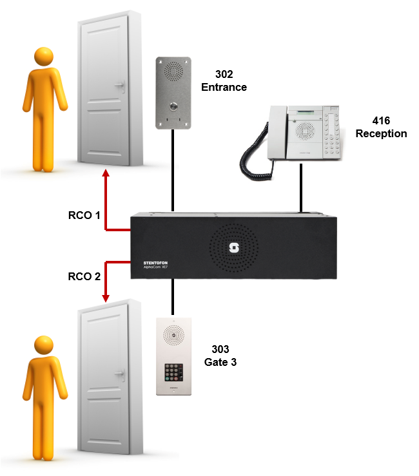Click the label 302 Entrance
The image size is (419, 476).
pyautogui.click(x=224, y=81)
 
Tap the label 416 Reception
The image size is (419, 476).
pyautogui.click(x=381, y=127)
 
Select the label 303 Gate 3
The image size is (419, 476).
pyautogui.click(x=220, y=356)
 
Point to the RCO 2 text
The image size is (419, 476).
pyautogui.click(x=84, y=277)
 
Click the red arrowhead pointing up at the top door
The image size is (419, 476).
pyautogui.click(x=106, y=172)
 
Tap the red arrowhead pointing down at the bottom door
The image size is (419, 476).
pyautogui.click(x=106, y=298)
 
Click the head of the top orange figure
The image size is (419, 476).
pyautogui.click(x=44, y=57)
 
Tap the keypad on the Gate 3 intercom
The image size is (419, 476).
pyautogui.click(x=172, y=372)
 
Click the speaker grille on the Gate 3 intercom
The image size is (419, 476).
pyautogui.click(x=172, y=334)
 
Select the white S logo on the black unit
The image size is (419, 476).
pyautogui.click(x=234, y=247)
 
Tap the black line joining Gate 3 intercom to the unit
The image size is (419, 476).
pyautogui.click(x=172, y=300)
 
